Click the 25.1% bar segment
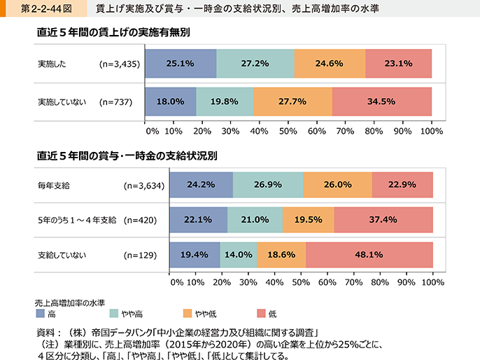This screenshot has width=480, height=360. [180, 64]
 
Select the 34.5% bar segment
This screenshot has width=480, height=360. [382, 102]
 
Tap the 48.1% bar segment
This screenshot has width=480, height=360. [369, 255]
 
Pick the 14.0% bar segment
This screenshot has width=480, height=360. [239, 255]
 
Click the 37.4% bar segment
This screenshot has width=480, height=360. [383, 220]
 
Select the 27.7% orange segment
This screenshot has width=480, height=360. [292, 102]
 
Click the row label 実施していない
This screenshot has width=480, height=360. [62, 102]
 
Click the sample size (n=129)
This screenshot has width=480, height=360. [140, 256]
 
